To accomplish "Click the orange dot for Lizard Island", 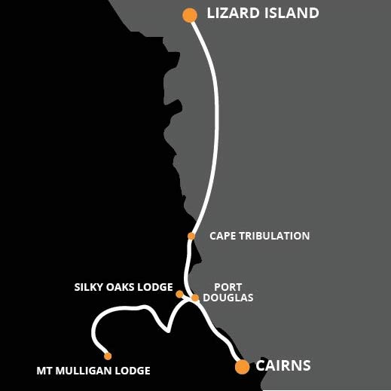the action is (190, 15).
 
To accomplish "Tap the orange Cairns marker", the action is (243, 367).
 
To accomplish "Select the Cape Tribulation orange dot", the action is (191, 236).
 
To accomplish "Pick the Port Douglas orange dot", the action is (195, 298).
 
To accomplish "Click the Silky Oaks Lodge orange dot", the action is (179, 294).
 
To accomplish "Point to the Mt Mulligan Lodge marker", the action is (108, 356).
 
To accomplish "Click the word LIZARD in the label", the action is (233, 13).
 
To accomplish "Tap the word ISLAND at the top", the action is (292, 13).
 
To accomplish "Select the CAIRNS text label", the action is (283, 365).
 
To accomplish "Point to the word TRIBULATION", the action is (274, 236).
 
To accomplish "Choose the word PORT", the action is (228, 287).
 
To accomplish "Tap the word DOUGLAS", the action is (228, 298).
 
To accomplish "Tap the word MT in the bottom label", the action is (44, 371).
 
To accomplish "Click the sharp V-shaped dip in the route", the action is (168, 331).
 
